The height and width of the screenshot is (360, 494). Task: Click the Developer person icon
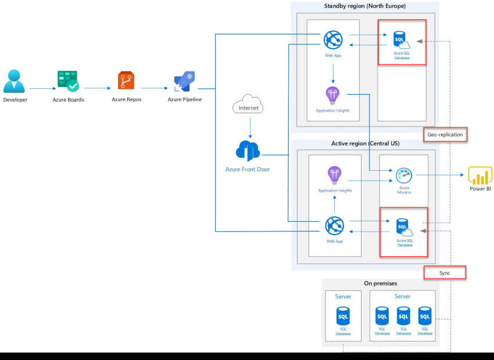(15, 81)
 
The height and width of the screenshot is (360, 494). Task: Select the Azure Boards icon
(68, 81)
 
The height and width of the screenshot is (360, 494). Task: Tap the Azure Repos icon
(126, 81)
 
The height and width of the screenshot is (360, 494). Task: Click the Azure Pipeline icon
(185, 81)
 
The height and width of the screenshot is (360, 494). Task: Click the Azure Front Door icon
(248, 151)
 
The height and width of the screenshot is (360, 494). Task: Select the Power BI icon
(479, 175)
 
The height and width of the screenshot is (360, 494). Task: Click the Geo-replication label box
(445, 134)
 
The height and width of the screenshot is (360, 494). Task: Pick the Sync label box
(445, 272)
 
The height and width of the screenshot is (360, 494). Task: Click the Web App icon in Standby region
(334, 39)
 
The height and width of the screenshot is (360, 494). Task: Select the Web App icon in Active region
(334, 225)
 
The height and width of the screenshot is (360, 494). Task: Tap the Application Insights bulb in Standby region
(333, 95)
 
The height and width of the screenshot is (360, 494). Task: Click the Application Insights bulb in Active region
(334, 174)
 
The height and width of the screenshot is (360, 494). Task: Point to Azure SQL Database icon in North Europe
(402, 41)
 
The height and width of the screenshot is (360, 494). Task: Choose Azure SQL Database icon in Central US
(403, 227)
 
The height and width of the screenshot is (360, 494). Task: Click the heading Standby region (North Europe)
(364, 6)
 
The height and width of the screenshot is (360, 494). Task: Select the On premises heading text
(380, 283)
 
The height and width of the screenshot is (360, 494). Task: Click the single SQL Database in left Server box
(343, 317)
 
